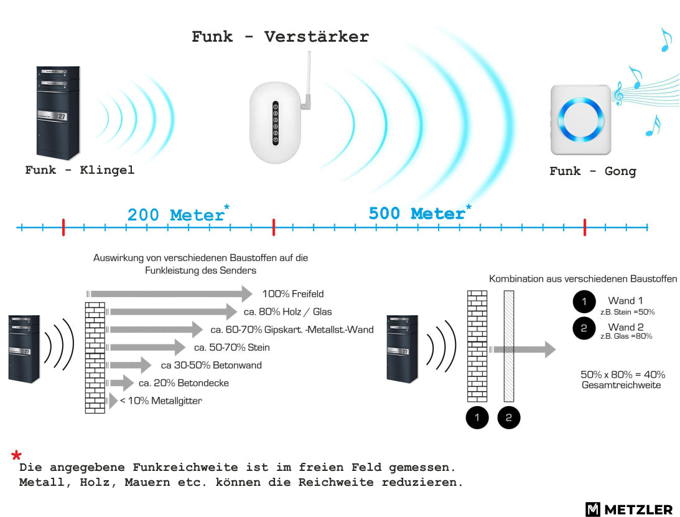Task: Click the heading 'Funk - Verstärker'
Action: tap(280, 37)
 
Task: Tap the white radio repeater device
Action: tap(276, 123)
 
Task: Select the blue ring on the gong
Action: tap(580, 119)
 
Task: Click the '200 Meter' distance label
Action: tap(176, 215)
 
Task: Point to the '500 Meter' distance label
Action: tap(417, 214)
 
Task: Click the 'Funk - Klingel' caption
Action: tap(80, 169)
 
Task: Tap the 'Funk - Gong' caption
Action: tap(593, 171)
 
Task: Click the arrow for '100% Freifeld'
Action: tap(170, 293)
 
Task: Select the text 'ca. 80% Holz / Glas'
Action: tap(287, 311)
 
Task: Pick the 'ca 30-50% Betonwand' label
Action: tap(211, 365)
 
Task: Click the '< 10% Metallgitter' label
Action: tap(161, 401)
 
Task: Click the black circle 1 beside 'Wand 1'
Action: tap(584, 301)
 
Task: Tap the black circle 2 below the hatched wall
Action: tap(509, 417)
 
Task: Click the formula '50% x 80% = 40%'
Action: tap(623, 374)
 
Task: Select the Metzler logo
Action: tap(629, 509)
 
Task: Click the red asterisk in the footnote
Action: tap(16, 455)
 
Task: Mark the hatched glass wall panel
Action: tap(509, 346)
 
